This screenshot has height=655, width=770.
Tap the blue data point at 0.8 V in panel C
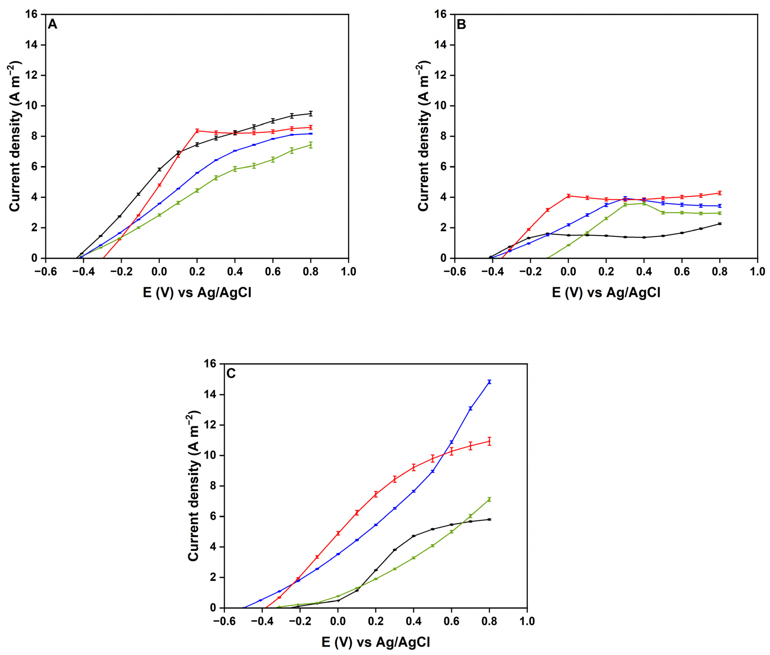pos(489,381)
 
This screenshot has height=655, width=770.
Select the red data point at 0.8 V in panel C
pos(489,441)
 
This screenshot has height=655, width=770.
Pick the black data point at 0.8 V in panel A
pos(311,113)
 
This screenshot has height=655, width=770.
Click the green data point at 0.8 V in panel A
pos(311,145)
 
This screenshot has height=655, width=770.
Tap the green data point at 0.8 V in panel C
pos(489,499)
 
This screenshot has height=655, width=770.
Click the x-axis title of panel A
pos(197,293)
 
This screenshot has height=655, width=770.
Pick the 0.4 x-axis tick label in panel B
pos(644,271)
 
